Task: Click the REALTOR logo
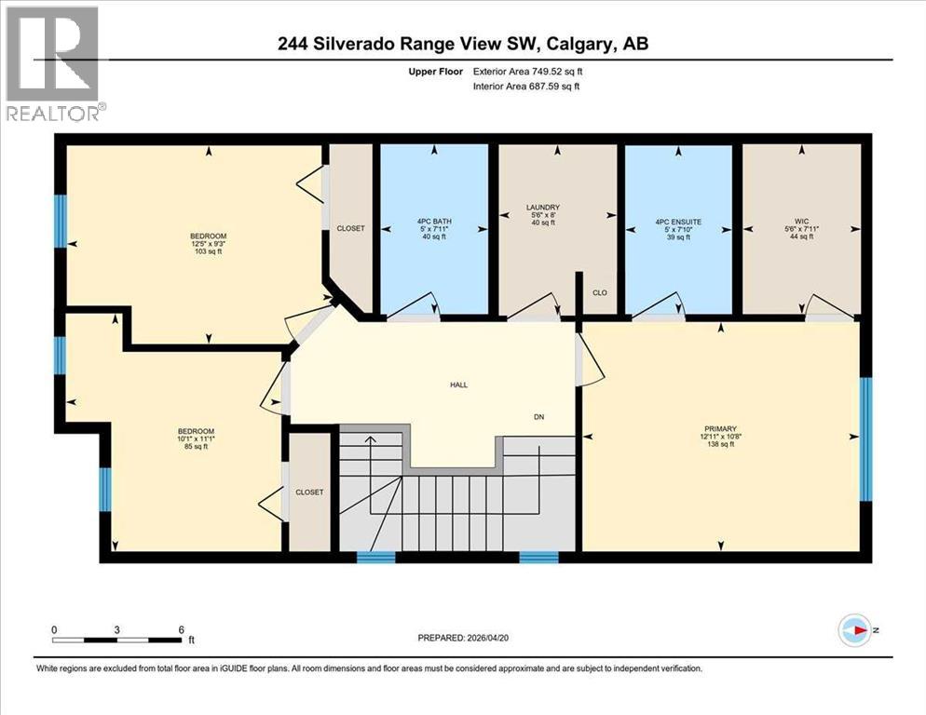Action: coord(53,62)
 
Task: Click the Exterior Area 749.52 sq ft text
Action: coord(528,71)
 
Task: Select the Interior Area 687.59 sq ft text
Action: coord(527,87)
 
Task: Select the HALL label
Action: coord(459,384)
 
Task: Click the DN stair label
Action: coord(538,416)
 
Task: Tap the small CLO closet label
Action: coord(600,292)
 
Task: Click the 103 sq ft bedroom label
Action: coord(209,244)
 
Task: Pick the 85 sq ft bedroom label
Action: coord(196,438)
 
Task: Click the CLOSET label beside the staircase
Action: coord(309,492)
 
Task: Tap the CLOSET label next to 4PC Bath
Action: coord(351,228)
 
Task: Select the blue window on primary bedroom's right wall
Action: coord(865,438)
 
